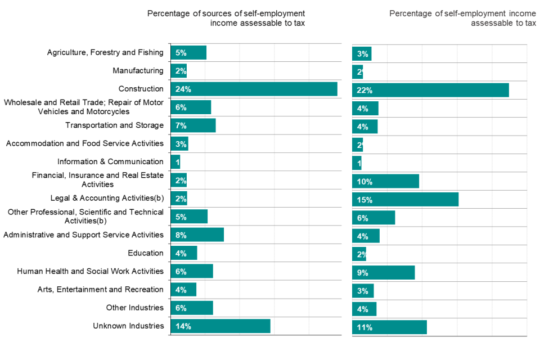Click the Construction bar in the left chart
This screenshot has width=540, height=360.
(254, 89)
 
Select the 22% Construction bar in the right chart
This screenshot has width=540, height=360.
(430, 90)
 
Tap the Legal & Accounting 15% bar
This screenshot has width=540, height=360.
(405, 200)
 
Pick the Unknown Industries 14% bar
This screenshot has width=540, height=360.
(220, 326)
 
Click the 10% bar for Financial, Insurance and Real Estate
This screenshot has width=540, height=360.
(385, 181)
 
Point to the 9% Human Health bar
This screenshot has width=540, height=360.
(383, 273)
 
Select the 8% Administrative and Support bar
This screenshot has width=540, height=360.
(197, 235)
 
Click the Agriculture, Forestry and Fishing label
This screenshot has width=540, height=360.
(105, 52)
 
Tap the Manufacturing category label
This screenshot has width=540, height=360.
(138, 70)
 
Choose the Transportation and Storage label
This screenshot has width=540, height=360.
(114, 125)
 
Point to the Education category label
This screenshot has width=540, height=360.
(146, 253)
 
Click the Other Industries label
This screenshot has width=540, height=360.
(135, 308)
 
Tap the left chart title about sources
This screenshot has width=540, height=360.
(226, 18)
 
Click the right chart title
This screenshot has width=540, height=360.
(463, 18)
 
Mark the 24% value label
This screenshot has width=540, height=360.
(183, 89)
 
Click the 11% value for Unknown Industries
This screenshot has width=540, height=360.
(364, 327)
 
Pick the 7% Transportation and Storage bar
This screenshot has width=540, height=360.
(193, 125)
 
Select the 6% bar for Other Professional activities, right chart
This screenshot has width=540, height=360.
(373, 218)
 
